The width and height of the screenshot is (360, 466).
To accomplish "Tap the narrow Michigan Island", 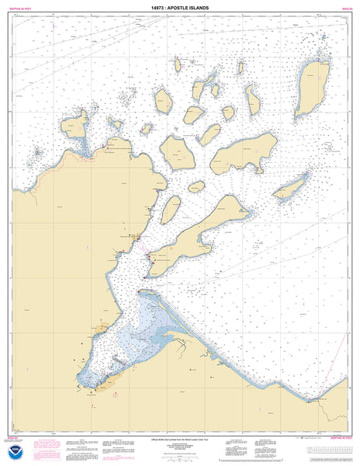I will click(x=290, y=187).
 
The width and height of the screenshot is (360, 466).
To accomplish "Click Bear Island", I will click(x=164, y=99).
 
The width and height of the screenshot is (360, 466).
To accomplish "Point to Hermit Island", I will click(x=196, y=187).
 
